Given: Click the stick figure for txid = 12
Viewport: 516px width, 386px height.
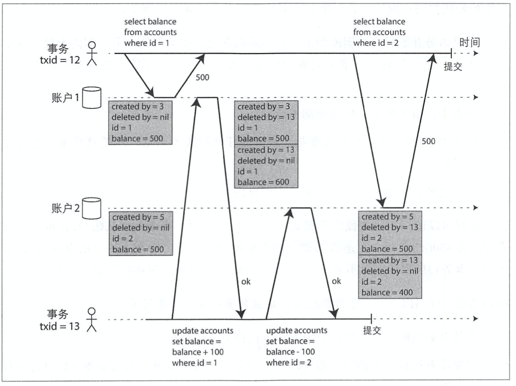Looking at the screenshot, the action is [92, 53].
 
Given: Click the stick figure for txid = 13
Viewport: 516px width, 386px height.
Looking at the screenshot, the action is [92, 319].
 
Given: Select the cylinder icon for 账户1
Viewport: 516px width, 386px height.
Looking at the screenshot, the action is [91, 98].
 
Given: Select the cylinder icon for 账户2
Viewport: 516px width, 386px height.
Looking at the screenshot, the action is [91, 208].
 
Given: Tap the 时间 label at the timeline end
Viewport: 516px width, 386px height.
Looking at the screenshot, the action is [470, 42].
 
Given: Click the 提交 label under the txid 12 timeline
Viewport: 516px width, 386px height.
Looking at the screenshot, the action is [453, 67].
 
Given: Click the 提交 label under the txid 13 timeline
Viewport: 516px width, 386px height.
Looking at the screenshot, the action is [372, 330].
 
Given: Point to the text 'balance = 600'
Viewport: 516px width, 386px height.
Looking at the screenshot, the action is [263, 182].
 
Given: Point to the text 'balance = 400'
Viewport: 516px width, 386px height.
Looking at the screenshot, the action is [387, 292].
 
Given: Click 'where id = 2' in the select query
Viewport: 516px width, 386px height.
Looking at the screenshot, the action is [376, 43].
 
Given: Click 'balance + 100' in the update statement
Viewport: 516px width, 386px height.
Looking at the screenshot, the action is [198, 352].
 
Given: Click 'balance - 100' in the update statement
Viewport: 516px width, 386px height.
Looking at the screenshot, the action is [291, 352].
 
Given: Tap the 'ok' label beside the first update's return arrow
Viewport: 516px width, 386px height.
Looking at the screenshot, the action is [246, 281].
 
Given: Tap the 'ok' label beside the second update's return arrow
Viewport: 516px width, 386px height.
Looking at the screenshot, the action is [336, 281].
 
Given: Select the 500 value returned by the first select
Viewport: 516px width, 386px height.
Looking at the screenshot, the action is [202, 77].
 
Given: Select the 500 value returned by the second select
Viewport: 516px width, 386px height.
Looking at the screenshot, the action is [429, 141].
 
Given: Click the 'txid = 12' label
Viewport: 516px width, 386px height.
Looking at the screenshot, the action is [60, 60].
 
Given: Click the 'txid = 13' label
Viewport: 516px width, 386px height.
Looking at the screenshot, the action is [59, 326].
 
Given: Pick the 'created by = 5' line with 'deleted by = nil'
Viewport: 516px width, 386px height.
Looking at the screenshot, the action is [138, 218].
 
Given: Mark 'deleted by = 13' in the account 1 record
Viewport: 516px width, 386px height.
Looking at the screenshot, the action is [266, 117].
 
